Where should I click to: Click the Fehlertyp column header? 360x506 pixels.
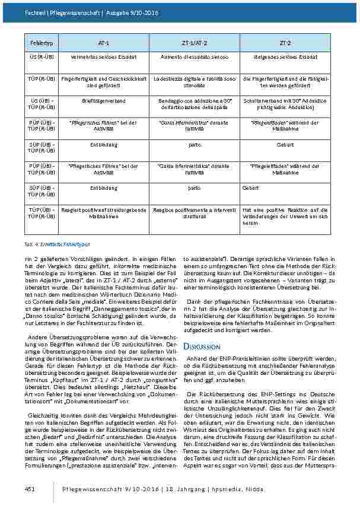tap(36, 43)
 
